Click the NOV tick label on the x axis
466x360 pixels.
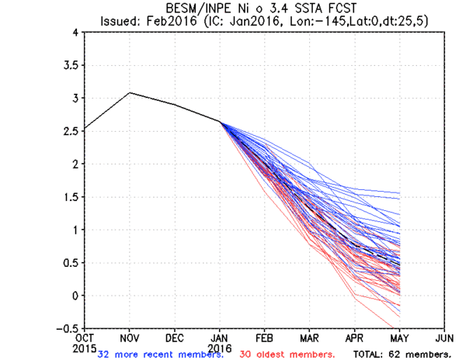coord(129,337)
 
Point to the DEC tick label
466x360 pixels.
coord(175,337)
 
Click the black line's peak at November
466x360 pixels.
coord(130,92)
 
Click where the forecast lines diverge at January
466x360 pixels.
coord(220,122)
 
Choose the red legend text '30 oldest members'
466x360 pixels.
coord(287,354)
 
